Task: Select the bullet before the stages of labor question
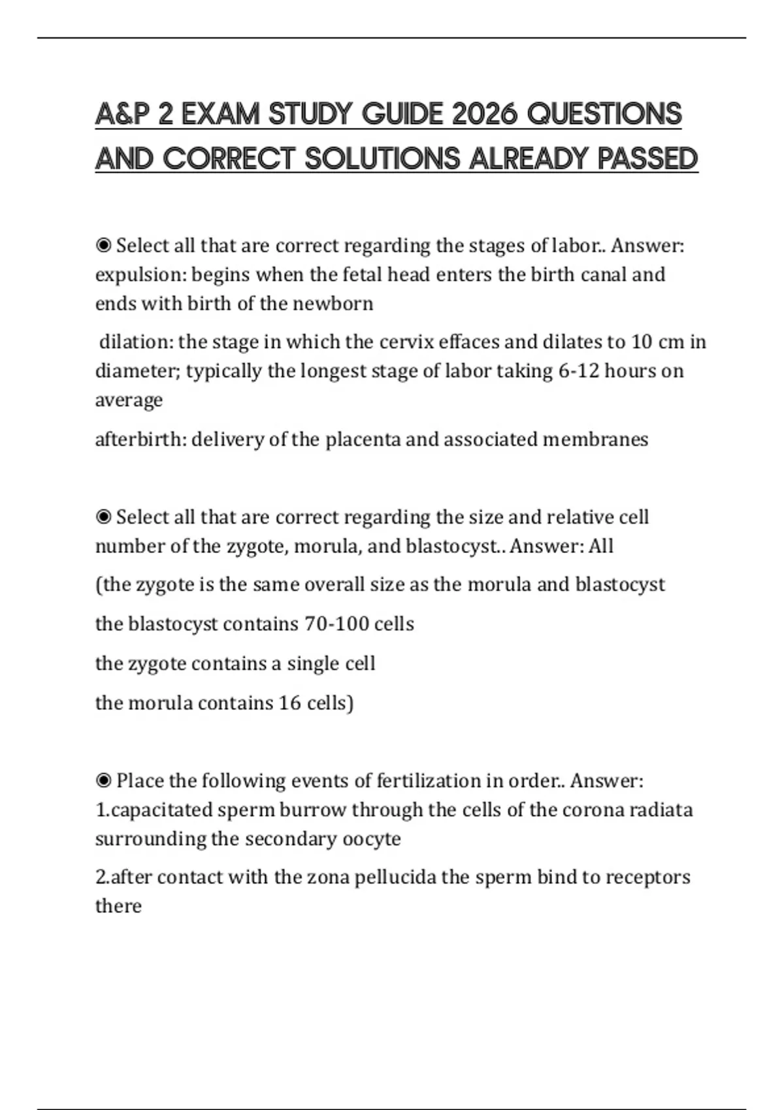[x=103, y=246]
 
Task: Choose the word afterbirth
[x=140, y=439]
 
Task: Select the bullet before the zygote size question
[x=103, y=517]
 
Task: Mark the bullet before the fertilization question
[x=103, y=780]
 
